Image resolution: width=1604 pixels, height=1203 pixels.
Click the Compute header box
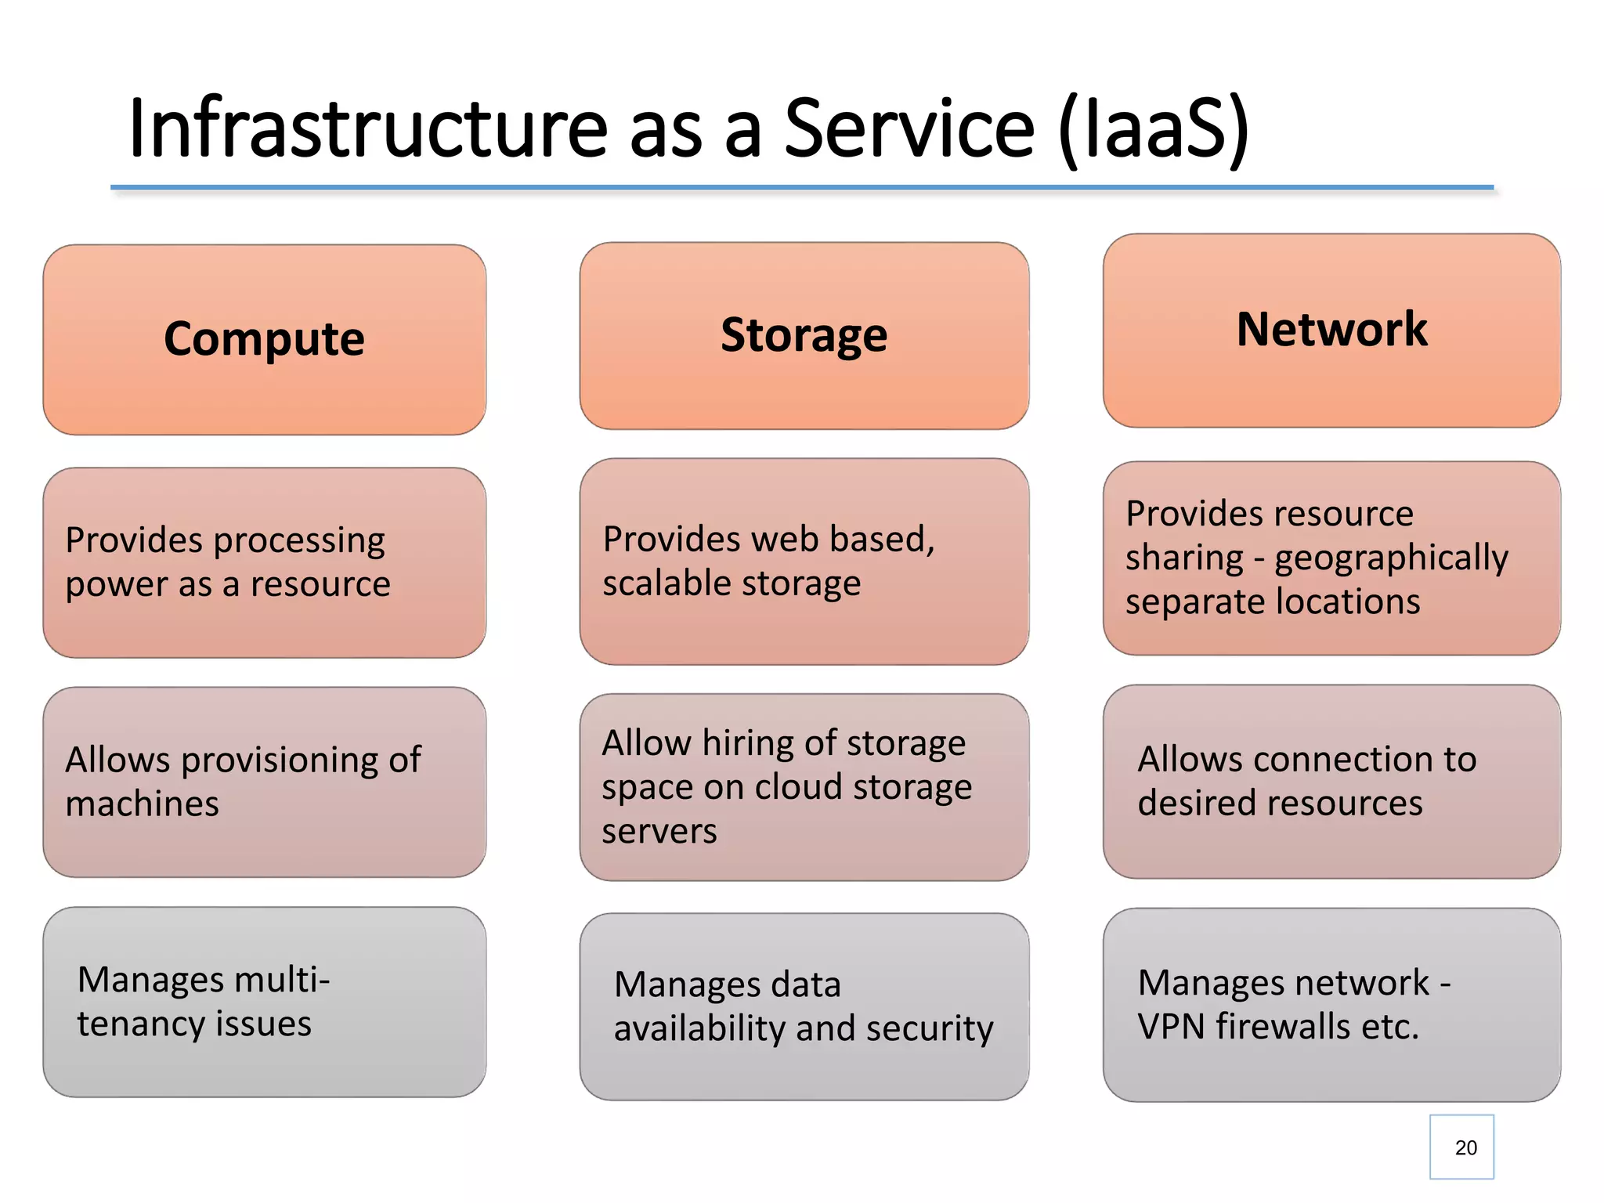264,339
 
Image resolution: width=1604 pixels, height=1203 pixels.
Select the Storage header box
804,335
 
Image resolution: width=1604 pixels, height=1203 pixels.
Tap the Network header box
1331,330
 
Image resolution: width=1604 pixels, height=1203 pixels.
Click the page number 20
1465,1147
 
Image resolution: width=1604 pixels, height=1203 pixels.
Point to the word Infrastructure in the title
367,128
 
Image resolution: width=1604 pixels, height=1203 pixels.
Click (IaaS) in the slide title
1153,129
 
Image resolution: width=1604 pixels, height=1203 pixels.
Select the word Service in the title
909,128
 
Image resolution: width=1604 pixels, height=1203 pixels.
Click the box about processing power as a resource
264,562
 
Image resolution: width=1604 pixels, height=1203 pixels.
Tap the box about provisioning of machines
264,782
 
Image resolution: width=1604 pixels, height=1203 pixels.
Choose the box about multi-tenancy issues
264,1002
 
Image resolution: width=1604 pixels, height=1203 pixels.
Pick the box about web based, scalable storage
804,562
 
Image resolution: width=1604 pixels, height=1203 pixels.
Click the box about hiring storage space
804,786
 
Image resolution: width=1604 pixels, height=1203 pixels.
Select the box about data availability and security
804,1006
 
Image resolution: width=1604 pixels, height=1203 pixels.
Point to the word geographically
1391,558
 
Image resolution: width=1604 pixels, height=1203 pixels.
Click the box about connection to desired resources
1331,781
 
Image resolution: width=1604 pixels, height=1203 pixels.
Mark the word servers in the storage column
659,831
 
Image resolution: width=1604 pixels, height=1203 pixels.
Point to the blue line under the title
802,188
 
